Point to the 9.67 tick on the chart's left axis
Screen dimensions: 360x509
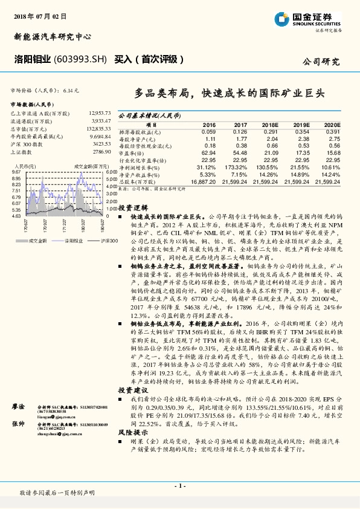coord(18,172)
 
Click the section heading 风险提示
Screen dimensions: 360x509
coord(132,449)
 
